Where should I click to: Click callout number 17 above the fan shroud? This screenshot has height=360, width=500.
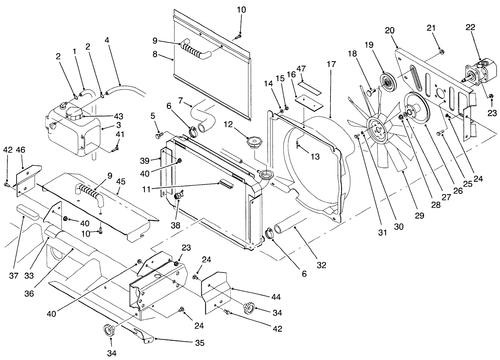[331, 64]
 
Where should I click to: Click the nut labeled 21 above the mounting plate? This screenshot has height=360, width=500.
[441, 52]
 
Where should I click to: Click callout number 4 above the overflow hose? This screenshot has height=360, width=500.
[107, 40]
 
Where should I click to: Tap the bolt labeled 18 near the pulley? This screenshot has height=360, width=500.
[370, 93]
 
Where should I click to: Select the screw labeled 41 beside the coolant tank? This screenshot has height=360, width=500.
[115, 149]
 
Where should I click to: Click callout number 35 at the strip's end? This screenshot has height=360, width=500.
[199, 343]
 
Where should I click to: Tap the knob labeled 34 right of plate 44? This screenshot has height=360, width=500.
[248, 307]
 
